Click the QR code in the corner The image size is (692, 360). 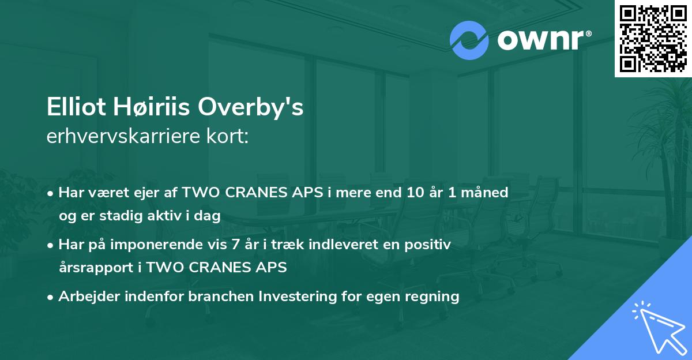653,39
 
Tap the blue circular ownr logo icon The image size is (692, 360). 469,40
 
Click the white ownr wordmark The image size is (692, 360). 544,40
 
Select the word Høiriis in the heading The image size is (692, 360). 152,107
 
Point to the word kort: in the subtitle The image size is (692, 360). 228,136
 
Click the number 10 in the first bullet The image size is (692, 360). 415,193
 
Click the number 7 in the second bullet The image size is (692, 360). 235,245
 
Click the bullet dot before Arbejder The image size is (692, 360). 50,298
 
